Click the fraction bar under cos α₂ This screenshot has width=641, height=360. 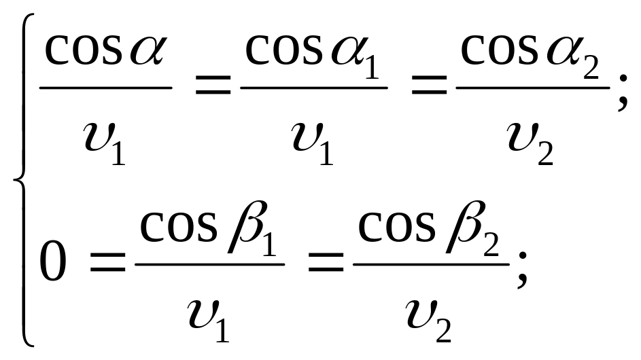pos(532,87)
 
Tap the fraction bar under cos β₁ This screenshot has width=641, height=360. pos(209,264)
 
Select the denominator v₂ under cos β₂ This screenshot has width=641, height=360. pos(430,317)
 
